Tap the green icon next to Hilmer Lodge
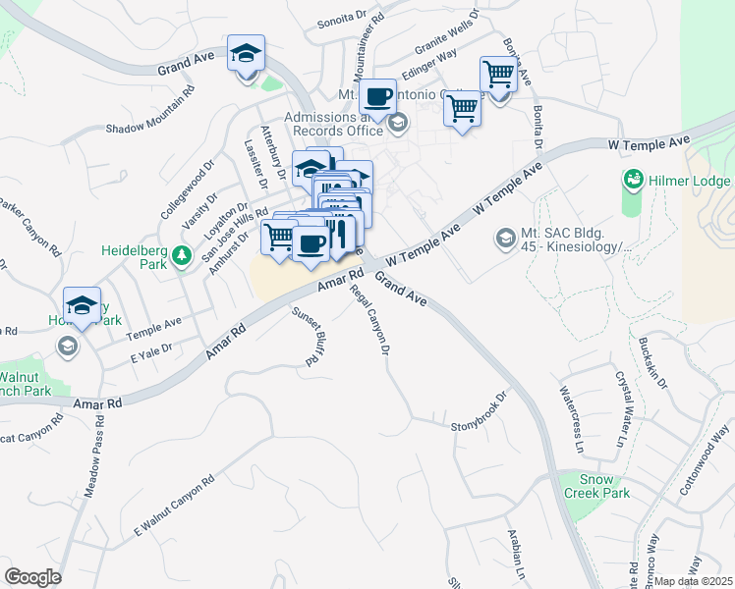coord(634,181)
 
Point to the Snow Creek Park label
coord(596,486)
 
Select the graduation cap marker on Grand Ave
coord(246,53)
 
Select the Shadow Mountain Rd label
coord(150,114)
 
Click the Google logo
coord(32,576)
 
